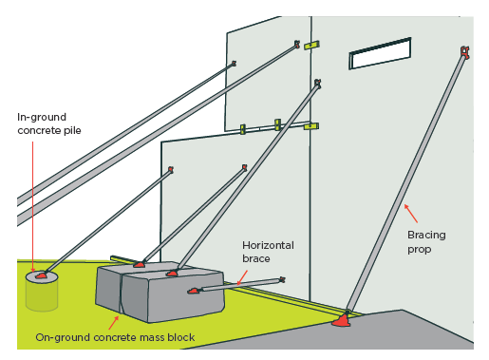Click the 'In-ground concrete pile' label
pos(49,123)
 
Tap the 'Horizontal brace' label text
pos(268,252)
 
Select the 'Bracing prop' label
pos(426,242)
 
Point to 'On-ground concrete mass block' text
pos(115,337)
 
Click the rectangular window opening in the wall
pos(380,53)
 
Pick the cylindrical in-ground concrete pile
pos(42,291)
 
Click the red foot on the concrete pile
pos(41,275)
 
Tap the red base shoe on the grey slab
pos(341,321)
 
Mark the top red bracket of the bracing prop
pos(464,52)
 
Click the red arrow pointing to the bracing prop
pos(411,214)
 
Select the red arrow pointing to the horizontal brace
pos(242,277)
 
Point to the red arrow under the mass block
pos(113,323)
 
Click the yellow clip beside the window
pos(311,46)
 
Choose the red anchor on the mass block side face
pos(194,291)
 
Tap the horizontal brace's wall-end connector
pos(281,279)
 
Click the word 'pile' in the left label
pos(72,130)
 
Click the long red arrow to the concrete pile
pos(33,206)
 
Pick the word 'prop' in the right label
pos(419,250)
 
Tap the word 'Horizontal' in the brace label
pos(268,245)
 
